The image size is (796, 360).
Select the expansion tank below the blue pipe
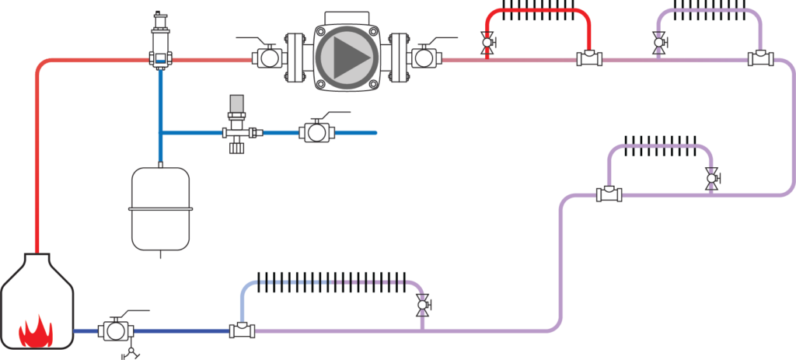pyautogui.click(x=161, y=208)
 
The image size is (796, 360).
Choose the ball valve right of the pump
pyautogui.click(x=424, y=58)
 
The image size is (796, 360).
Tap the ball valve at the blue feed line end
pyautogui.click(x=316, y=132)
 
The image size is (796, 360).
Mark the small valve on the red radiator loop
pyautogui.click(x=487, y=44)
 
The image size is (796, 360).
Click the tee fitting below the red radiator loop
pyautogui.click(x=588, y=58)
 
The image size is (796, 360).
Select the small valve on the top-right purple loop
pyautogui.click(x=659, y=44)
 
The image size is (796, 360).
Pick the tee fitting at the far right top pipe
pyautogui.click(x=760, y=58)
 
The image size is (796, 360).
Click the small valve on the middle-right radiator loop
pyautogui.click(x=710, y=178)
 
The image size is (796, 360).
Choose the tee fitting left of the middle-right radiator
pyautogui.click(x=609, y=194)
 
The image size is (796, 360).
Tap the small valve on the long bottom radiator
pyautogui.click(x=423, y=306)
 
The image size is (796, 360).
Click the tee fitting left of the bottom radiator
pyautogui.click(x=242, y=330)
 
